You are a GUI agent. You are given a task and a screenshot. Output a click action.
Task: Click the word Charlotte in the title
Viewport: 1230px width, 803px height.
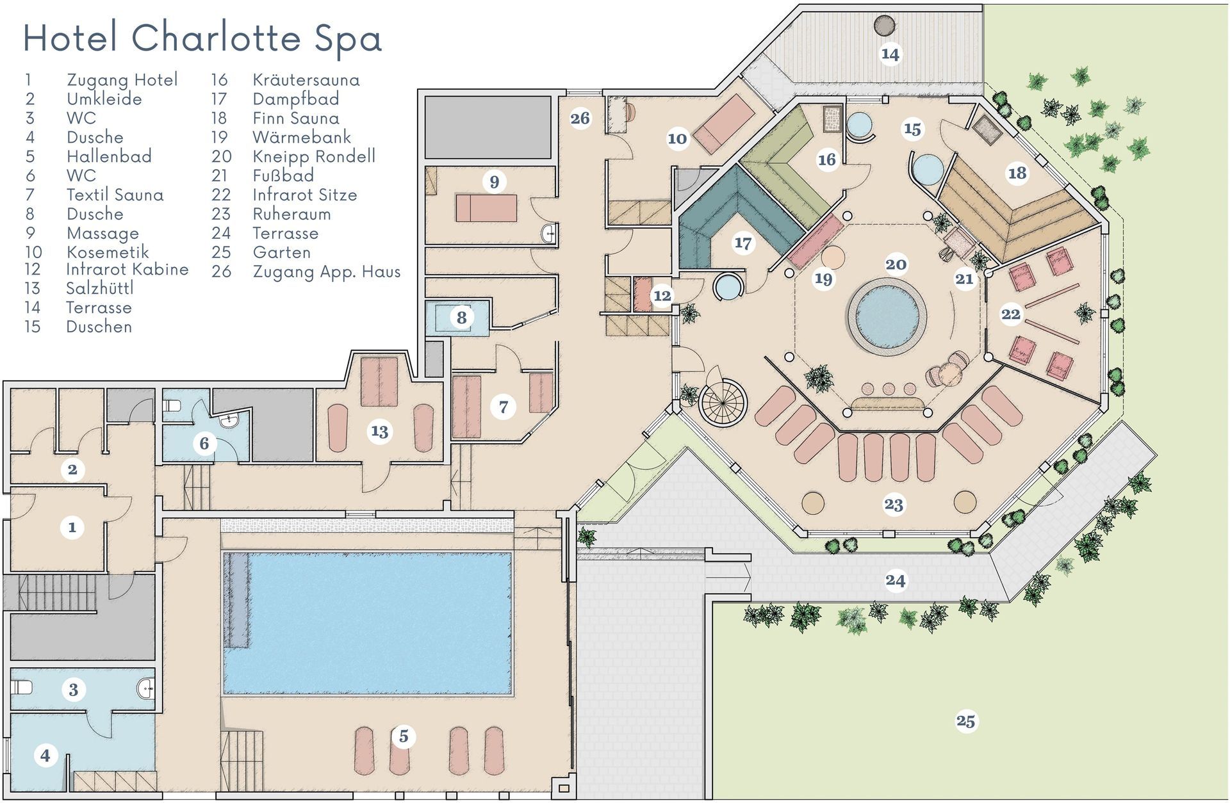click(x=216, y=38)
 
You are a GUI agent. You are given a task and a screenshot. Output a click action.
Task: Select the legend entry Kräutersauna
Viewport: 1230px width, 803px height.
click(x=306, y=80)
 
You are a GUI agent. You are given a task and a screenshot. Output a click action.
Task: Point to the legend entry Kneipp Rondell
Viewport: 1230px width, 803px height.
click(x=313, y=156)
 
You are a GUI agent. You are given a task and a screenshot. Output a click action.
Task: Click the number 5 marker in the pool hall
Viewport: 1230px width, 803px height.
click(x=404, y=736)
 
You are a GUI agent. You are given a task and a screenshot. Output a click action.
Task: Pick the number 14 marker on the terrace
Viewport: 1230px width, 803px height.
click(x=890, y=54)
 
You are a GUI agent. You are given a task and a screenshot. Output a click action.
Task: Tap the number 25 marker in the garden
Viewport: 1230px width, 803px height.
click(x=965, y=721)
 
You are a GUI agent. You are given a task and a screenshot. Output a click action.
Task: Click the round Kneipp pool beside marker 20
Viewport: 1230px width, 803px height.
click(x=887, y=316)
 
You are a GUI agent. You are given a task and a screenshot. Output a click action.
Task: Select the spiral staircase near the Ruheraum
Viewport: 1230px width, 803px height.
click(x=723, y=401)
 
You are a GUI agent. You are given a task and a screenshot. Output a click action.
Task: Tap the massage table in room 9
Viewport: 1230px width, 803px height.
click(x=486, y=208)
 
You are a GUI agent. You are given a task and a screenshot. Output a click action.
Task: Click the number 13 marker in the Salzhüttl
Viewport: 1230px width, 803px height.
click(x=379, y=432)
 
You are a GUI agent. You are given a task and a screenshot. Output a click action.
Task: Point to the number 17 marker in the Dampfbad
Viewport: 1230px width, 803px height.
click(x=743, y=243)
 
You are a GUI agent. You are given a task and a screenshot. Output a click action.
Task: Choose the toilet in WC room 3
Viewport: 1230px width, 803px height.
click(x=23, y=688)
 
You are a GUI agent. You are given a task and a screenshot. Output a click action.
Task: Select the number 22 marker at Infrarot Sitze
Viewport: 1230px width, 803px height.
click(x=1011, y=314)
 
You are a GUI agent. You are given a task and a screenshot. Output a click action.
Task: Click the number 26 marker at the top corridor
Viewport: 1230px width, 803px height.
click(x=580, y=118)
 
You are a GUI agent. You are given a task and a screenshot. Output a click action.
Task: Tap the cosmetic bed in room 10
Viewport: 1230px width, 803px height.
click(x=726, y=124)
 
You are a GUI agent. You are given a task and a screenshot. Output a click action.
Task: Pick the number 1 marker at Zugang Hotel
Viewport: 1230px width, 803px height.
click(x=72, y=528)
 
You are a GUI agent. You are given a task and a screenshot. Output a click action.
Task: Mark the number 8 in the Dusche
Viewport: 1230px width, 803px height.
click(x=461, y=317)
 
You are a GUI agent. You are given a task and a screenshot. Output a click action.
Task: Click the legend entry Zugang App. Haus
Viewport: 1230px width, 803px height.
click(x=326, y=272)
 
